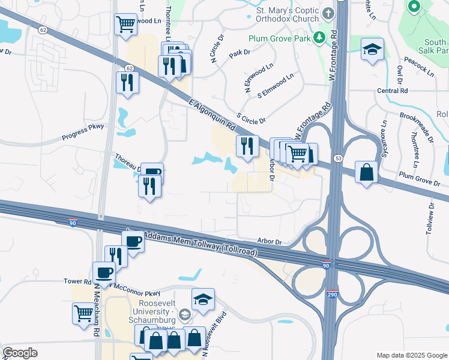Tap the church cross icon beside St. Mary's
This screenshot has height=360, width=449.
328,13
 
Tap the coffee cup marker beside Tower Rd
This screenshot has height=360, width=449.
104,273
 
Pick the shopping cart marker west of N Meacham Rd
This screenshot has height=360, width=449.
83,313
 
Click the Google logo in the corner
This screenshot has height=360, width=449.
20,353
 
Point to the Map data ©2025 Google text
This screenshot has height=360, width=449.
411,355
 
